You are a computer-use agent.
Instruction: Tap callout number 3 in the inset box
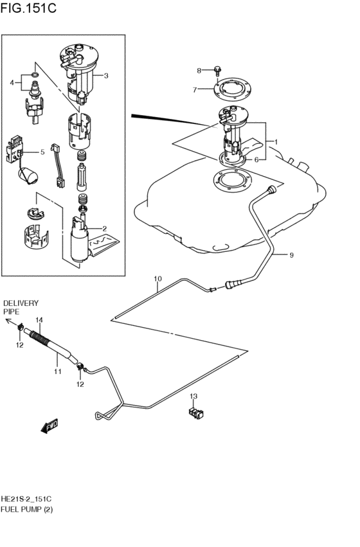coord(106,75)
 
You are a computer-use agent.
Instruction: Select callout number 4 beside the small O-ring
coord(12,82)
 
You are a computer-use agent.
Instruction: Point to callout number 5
coord(42,152)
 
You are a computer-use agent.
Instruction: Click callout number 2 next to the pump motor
coord(104,228)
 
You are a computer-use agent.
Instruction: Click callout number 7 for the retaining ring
coord(195,90)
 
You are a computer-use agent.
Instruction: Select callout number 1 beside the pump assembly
coord(276,141)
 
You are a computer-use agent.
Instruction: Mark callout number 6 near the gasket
coord(256,159)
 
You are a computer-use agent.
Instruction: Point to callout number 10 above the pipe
coord(157,279)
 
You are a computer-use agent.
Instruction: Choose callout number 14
coord(39,320)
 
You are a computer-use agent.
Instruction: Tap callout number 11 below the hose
coord(57,372)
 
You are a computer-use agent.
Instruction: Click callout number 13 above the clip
coord(193,396)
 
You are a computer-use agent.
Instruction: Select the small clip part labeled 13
coord(195,412)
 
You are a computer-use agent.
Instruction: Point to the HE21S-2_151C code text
coord(26,499)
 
